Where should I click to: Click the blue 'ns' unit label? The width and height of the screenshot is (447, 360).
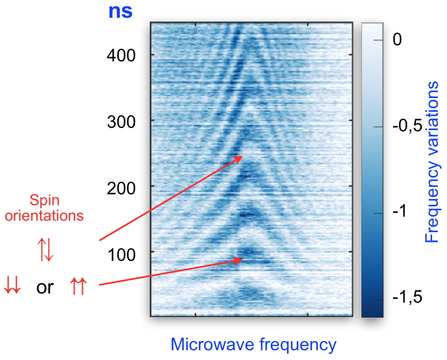[x=121, y=10]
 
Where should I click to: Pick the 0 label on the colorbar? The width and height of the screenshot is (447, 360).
[x=398, y=41]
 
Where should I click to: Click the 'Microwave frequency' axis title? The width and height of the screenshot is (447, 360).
[x=253, y=345]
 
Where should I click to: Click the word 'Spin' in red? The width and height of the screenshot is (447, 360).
[x=45, y=201]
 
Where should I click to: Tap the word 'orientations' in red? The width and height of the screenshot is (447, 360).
[x=45, y=216]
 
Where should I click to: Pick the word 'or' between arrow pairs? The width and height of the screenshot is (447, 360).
[x=45, y=287]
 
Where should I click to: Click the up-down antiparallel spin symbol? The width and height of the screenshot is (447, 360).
[x=45, y=252]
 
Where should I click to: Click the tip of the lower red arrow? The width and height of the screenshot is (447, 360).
[x=243, y=260]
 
